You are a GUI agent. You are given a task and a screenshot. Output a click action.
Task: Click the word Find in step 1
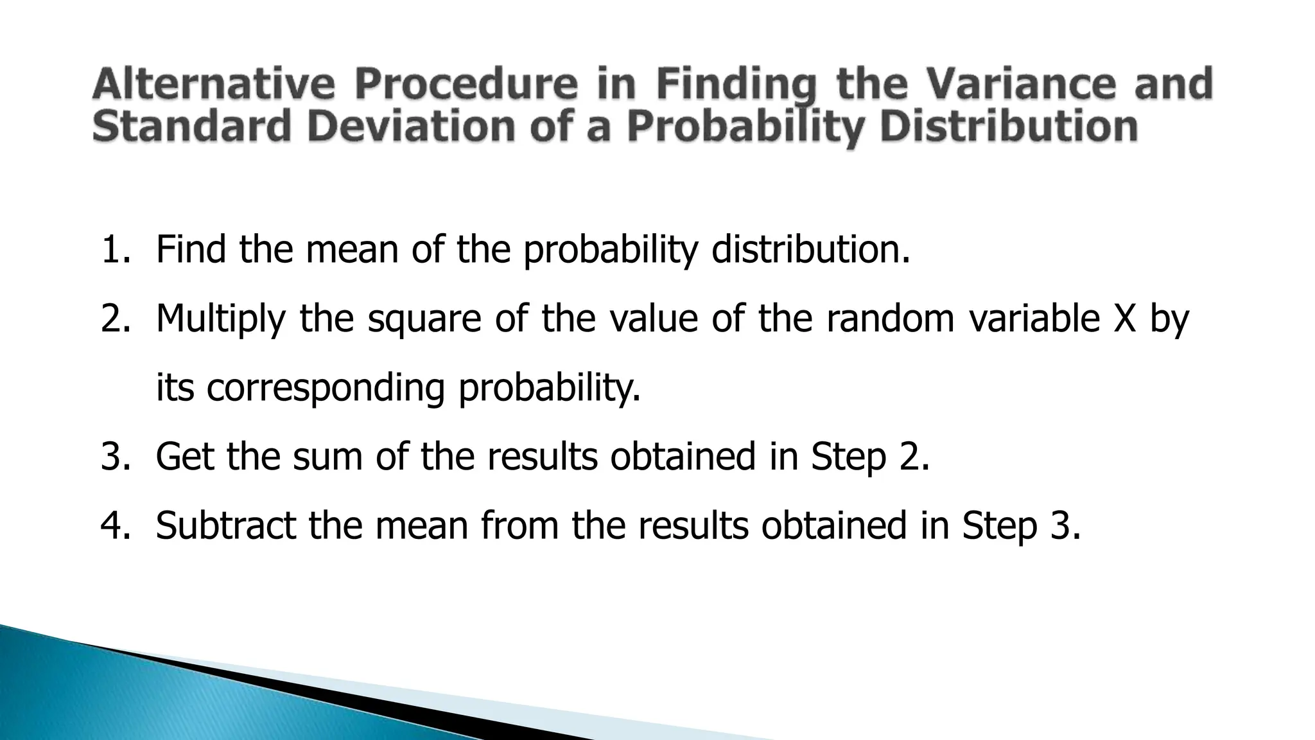pyautogui.click(x=190, y=250)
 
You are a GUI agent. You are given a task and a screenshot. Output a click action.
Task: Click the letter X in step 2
pyautogui.click(x=1124, y=319)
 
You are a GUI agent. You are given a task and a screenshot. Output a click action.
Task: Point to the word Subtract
pyautogui.click(x=225, y=525)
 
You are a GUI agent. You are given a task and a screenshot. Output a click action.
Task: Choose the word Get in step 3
pyautogui.click(x=184, y=457)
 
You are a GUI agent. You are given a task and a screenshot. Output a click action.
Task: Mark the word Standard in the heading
pyautogui.click(x=192, y=127)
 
